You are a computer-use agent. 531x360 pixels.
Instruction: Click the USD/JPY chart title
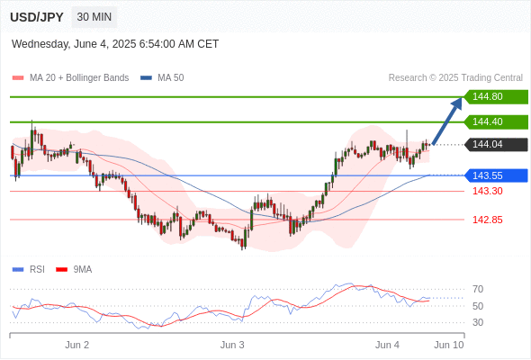(x=37, y=17)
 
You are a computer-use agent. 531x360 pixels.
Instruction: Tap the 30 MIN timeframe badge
(x=94, y=17)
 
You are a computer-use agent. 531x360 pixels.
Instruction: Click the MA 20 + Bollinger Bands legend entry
(x=70, y=78)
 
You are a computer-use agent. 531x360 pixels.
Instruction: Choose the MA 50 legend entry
(x=162, y=78)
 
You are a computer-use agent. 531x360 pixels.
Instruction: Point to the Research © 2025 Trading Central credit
(x=455, y=78)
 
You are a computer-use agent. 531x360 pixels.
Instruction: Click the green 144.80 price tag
(x=496, y=97)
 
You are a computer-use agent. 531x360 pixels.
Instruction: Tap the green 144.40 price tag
(x=496, y=121)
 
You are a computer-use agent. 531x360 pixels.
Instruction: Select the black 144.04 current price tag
(x=496, y=145)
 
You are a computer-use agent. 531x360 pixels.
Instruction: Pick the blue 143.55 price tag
(x=496, y=175)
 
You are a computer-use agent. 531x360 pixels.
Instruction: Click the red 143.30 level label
(x=487, y=191)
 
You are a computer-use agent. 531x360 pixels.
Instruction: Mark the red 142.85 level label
(x=487, y=220)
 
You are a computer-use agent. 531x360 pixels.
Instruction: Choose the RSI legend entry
(x=29, y=270)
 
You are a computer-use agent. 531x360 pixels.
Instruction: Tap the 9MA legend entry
(x=74, y=270)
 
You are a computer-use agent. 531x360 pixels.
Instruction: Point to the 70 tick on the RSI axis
(x=478, y=289)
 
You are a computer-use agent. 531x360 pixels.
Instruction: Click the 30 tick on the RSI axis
(x=478, y=322)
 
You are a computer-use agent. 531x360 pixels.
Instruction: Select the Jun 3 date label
(x=232, y=345)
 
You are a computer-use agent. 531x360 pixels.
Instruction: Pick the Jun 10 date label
(x=449, y=345)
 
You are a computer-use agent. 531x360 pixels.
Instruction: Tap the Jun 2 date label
(x=76, y=345)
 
